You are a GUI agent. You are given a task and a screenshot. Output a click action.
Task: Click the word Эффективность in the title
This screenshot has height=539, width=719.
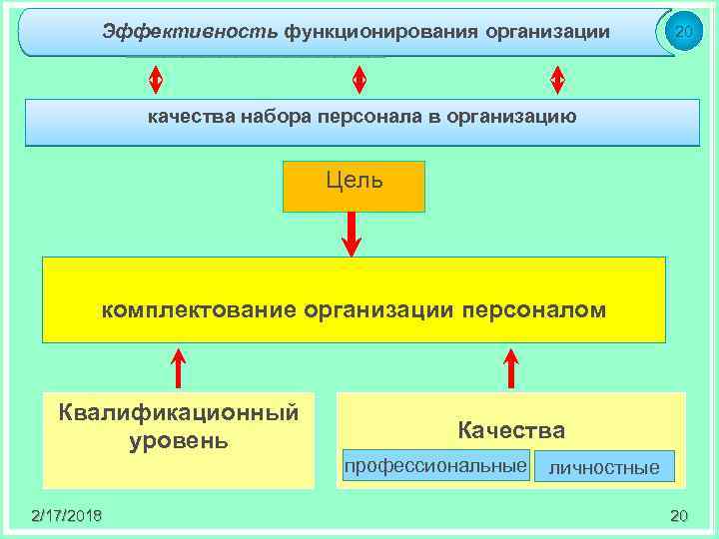click(x=190, y=32)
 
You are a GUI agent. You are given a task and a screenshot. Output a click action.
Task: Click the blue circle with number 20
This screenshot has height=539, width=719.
click(x=683, y=32)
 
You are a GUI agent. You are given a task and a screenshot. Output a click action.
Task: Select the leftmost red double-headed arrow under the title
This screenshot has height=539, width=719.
click(x=155, y=78)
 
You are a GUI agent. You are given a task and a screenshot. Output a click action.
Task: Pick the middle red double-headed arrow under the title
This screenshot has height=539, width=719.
click(x=359, y=78)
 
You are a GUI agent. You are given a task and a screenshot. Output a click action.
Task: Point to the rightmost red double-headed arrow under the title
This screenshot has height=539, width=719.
click(x=557, y=78)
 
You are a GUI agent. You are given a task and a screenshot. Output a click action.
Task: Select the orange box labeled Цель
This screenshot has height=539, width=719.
click(x=354, y=187)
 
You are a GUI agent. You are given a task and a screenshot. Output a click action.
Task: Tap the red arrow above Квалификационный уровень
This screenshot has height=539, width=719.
click(x=179, y=367)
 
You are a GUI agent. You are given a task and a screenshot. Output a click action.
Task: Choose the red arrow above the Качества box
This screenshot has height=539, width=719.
click(x=511, y=367)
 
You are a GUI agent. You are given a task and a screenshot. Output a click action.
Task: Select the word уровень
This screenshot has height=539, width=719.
click(x=180, y=440)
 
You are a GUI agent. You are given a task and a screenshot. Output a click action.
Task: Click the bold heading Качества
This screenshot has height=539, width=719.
click(x=511, y=431)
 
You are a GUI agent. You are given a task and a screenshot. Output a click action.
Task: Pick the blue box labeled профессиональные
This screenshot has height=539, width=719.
click(x=435, y=466)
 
